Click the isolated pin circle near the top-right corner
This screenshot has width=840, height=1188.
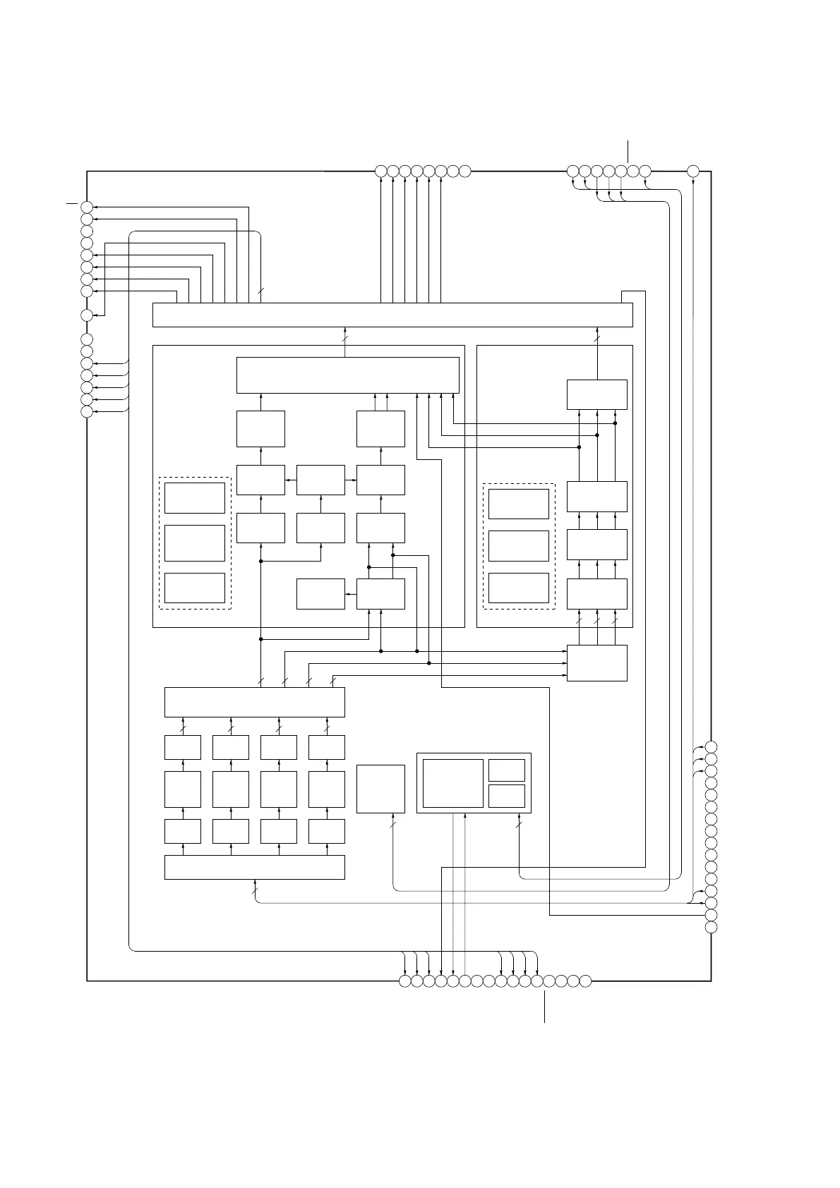pos(693,171)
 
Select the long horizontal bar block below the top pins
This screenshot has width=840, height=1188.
pos(392,315)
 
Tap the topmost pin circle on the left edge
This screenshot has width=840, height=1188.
pos(87,207)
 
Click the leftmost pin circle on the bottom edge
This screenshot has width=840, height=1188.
pos(404,981)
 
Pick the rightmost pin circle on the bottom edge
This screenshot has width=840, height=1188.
pos(585,981)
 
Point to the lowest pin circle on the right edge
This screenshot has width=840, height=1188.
pos(711,927)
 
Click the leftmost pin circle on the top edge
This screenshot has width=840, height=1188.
pos(380,171)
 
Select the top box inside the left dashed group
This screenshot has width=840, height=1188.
pos(195,498)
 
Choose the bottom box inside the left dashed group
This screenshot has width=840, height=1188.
pos(195,588)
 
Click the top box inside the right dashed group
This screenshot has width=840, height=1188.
pos(519,504)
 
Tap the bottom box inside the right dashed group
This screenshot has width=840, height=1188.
pos(519,588)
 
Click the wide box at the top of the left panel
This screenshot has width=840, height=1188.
pos(347,375)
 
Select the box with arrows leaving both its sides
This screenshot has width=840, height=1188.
pos(321,480)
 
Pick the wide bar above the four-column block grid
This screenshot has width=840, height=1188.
pos(254,702)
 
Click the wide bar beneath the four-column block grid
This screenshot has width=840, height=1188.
pos(254,867)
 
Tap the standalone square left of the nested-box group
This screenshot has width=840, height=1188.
pos(380,789)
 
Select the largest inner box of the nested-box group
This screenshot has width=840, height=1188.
pos(453,783)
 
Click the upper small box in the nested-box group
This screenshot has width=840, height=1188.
pos(507,770)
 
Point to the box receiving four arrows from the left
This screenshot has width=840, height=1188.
pos(597,663)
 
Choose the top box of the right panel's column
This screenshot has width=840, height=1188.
pos(597,394)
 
